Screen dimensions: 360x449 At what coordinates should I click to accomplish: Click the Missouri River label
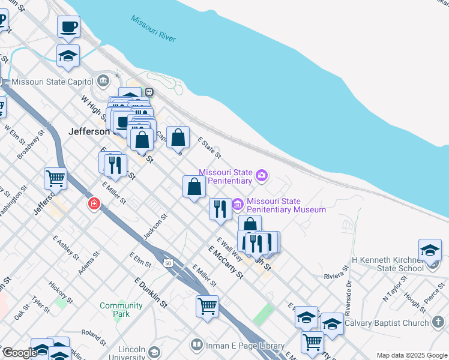(x=154, y=28)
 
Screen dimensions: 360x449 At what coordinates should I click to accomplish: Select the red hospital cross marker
(x=94, y=205)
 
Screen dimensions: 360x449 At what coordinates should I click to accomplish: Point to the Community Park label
(x=121, y=310)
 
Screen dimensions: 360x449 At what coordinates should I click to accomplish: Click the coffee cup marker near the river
(x=68, y=27)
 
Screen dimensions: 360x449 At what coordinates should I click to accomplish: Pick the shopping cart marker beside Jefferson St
(x=55, y=178)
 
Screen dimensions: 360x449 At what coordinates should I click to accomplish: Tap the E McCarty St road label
(x=226, y=262)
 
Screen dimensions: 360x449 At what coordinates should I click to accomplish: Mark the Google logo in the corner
(x=20, y=353)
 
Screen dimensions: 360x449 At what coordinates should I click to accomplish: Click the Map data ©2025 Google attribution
(x=412, y=355)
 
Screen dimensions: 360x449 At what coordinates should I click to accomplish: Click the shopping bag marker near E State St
(x=178, y=137)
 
